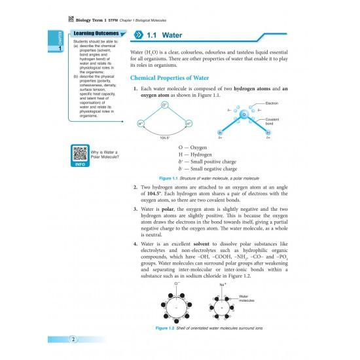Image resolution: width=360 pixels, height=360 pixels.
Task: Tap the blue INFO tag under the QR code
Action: coord(81,164)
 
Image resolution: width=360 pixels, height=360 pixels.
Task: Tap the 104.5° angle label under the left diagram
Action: coord(164,138)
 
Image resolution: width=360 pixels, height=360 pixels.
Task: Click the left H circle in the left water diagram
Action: coord(141,123)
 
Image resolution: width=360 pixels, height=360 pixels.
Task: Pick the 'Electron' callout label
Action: coord(274,103)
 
